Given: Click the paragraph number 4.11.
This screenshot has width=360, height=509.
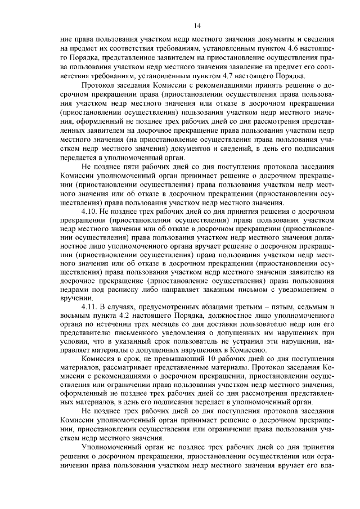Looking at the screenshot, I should [90, 307].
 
